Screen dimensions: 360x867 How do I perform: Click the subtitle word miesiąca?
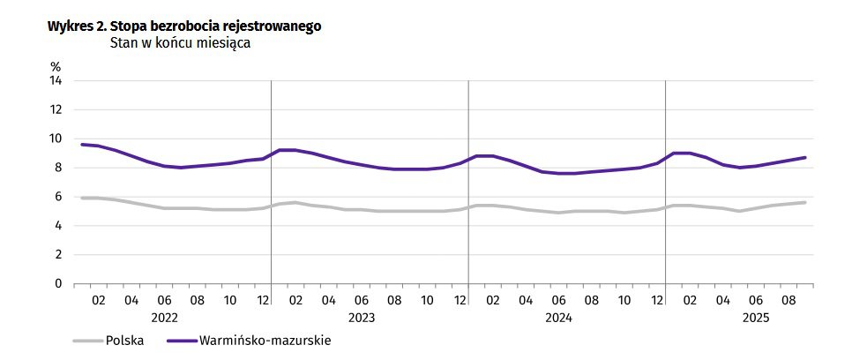click(221, 42)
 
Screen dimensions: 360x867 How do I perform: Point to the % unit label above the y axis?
click(56, 66)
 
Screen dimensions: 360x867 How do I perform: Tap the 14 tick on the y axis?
click(56, 80)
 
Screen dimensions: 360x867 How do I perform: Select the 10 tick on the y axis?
click(56, 139)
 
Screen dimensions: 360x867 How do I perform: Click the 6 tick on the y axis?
click(58, 197)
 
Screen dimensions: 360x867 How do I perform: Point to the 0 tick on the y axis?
click(58, 284)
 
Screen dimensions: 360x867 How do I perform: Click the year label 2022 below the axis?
click(165, 316)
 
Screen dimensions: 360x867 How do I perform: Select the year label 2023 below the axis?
click(362, 316)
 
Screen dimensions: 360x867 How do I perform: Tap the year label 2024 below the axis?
click(559, 316)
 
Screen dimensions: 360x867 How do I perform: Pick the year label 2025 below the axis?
click(756, 316)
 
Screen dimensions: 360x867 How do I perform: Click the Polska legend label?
click(124, 340)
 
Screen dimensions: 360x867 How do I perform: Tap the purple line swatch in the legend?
click(180, 341)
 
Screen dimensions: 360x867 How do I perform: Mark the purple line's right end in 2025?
click(804, 158)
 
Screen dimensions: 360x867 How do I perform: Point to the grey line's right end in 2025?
click(804, 202)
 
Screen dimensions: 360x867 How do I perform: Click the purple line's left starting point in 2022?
click(82, 144)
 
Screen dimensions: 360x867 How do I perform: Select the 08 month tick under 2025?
click(789, 299)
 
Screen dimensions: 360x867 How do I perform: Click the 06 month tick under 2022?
click(164, 299)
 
